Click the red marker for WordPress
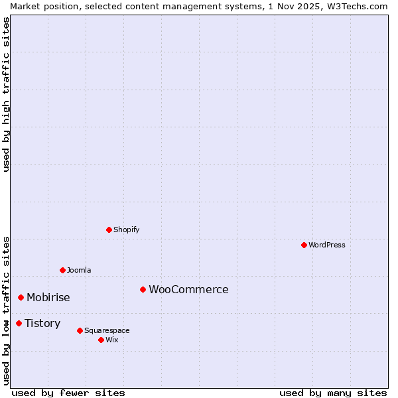click(x=304, y=245)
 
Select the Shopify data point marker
click(x=109, y=230)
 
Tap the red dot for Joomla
click(x=62, y=270)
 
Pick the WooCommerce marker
click(x=143, y=289)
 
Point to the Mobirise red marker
click(x=21, y=297)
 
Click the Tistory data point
click(x=19, y=323)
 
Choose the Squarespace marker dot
click(x=80, y=330)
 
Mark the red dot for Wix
click(x=101, y=340)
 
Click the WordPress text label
click(x=327, y=245)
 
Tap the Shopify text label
click(x=127, y=230)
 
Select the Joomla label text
click(x=79, y=270)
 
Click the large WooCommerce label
click(x=188, y=289)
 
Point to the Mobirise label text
click(x=48, y=297)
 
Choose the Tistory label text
click(x=42, y=323)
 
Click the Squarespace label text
click(x=107, y=330)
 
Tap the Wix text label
click(x=112, y=340)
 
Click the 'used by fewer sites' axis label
click(x=68, y=393)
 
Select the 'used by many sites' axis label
click(x=333, y=393)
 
